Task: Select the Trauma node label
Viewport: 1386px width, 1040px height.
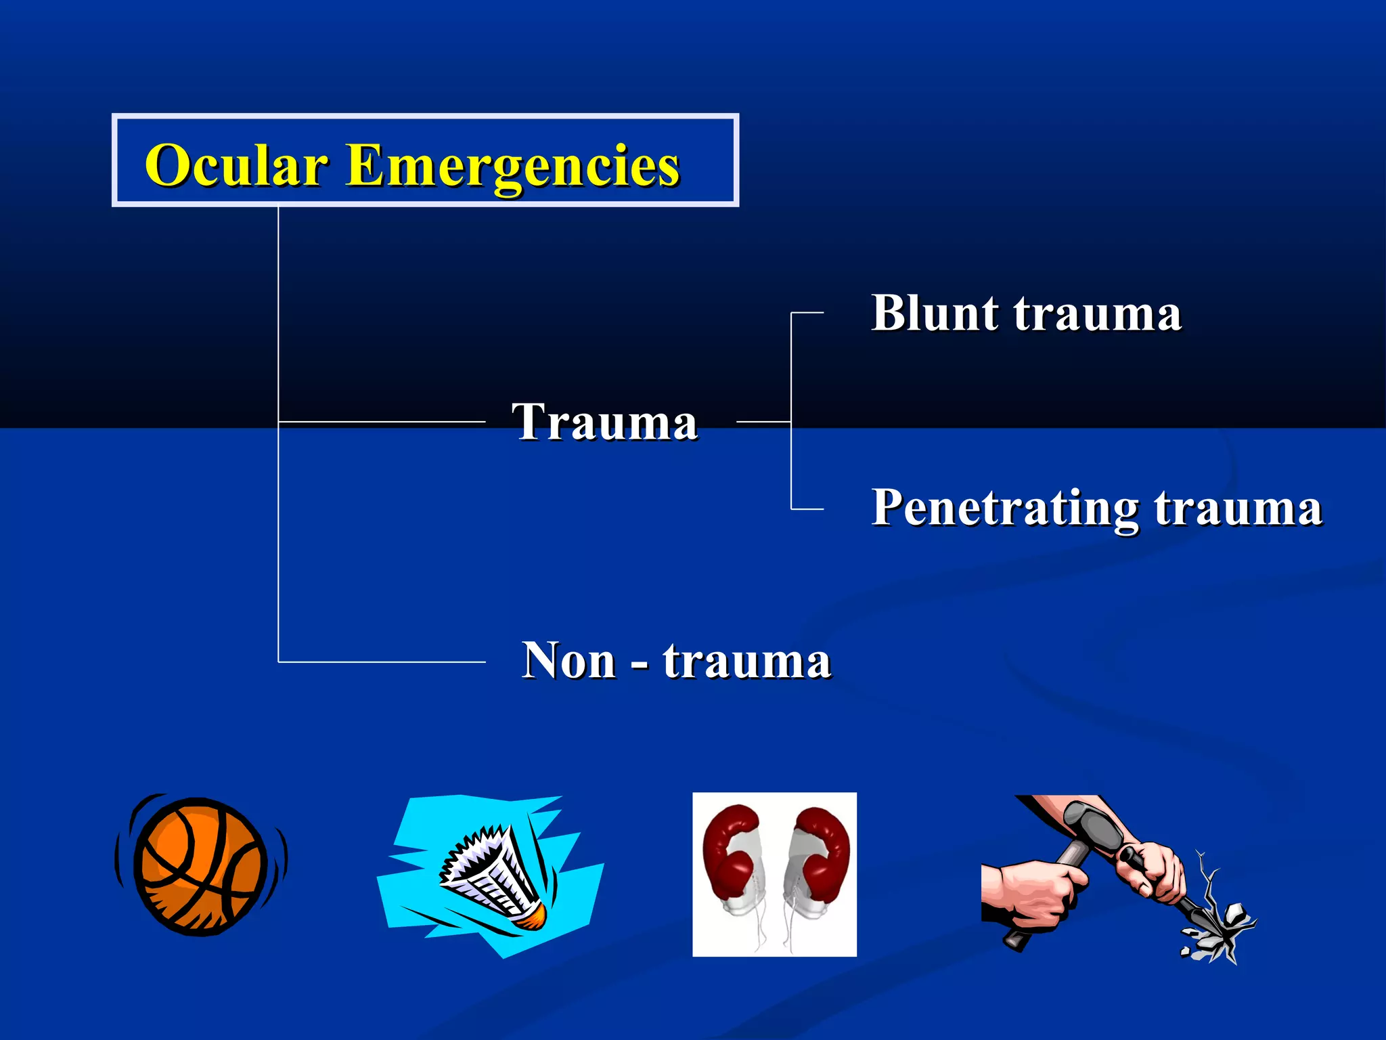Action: [604, 422]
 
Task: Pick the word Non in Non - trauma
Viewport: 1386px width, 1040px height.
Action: [568, 660]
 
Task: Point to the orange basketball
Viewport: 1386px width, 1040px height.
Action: [200, 867]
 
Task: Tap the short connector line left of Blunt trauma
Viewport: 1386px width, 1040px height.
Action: [807, 313]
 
